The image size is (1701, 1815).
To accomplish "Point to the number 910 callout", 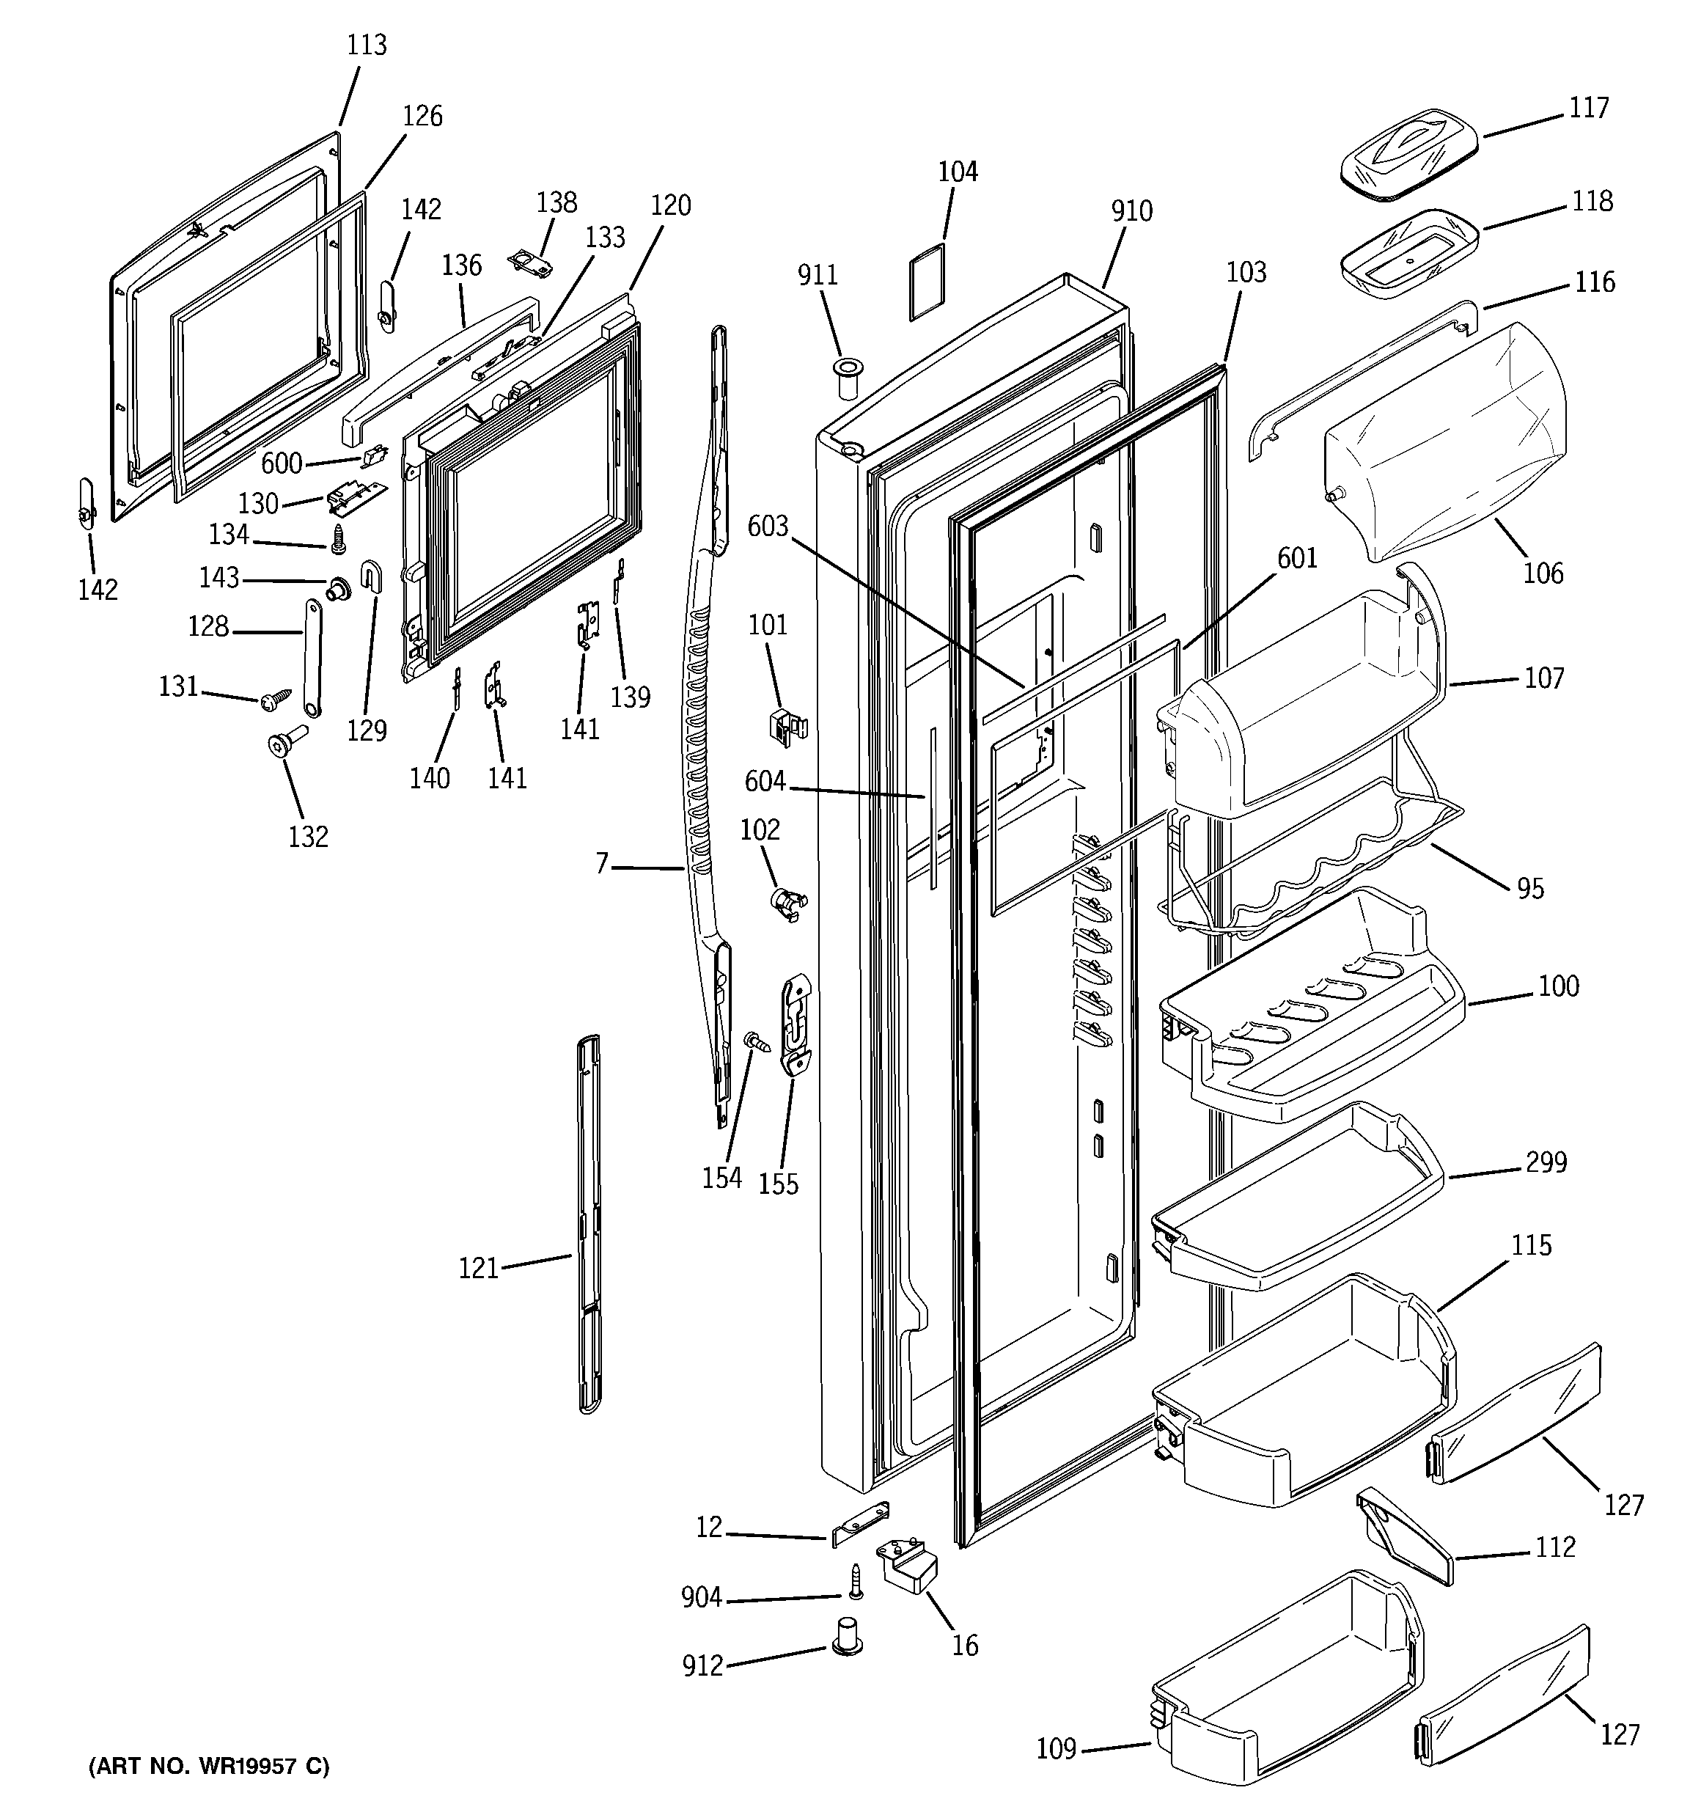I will tap(1131, 211).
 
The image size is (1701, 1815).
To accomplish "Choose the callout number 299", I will tap(1546, 1162).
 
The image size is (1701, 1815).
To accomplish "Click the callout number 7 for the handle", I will tap(602, 864).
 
